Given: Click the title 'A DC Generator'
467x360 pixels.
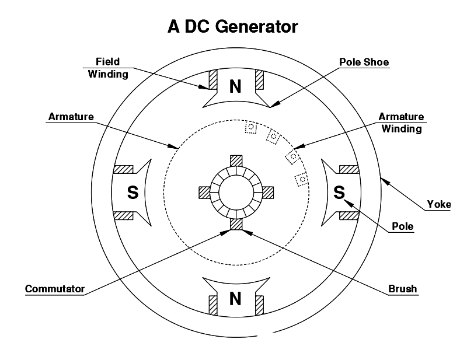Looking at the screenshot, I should (233, 27).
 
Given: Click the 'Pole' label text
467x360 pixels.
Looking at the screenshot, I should (401, 226).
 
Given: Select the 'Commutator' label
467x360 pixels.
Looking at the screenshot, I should (55, 289).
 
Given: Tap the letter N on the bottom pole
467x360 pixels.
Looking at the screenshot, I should (235, 299).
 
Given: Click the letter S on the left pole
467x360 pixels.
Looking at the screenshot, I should (133, 193).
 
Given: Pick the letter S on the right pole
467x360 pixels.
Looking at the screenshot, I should (339, 193).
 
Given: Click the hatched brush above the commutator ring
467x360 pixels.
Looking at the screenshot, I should (236, 160).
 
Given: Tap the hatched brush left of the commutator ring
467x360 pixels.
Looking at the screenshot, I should (204, 192).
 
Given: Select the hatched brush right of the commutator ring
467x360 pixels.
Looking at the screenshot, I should (267, 192).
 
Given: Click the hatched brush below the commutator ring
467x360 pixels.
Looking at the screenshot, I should (236, 223).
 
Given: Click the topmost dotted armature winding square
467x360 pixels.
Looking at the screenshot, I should (250, 127).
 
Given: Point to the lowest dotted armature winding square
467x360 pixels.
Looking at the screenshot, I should (301, 180).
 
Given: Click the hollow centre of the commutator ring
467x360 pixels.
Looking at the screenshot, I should (236, 193).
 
